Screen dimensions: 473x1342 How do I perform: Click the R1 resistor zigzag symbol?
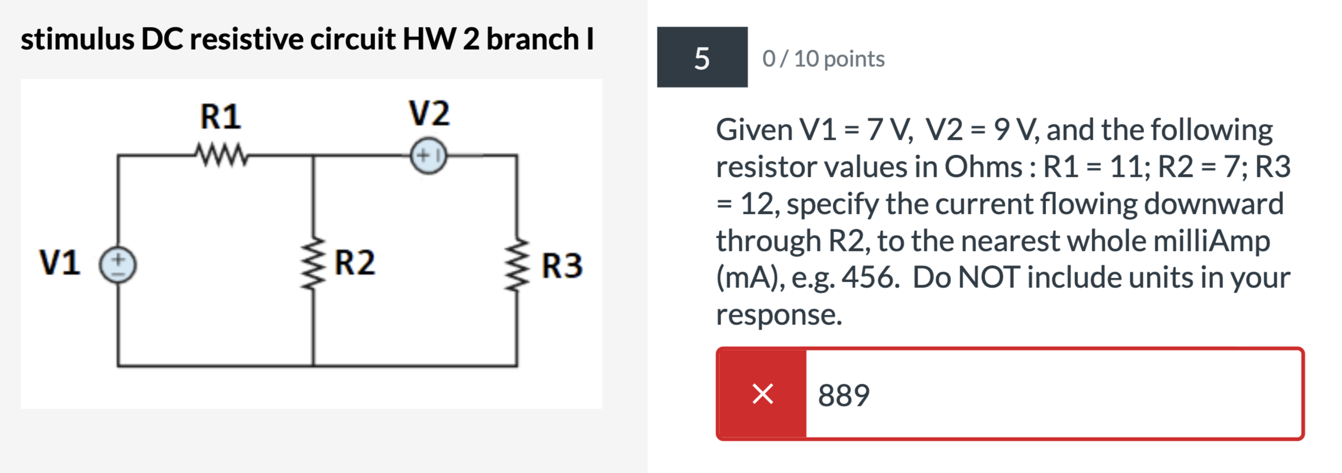(x=221, y=154)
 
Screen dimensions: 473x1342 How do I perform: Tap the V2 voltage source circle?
(x=428, y=155)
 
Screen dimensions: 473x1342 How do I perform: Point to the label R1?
(x=220, y=116)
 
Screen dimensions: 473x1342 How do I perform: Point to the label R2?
(x=355, y=263)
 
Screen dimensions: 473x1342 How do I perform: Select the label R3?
(x=562, y=266)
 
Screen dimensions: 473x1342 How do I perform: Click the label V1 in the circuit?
(x=60, y=263)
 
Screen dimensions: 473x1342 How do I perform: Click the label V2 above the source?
(x=429, y=113)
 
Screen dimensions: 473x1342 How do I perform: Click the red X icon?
(x=762, y=394)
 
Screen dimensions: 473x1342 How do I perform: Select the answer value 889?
(x=843, y=395)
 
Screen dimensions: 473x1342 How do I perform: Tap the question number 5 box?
(x=702, y=58)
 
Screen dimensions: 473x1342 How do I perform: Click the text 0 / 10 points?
(x=823, y=59)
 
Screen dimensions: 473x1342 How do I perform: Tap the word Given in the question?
(x=754, y=130)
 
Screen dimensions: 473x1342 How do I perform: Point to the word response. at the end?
(x=778, y=315)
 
